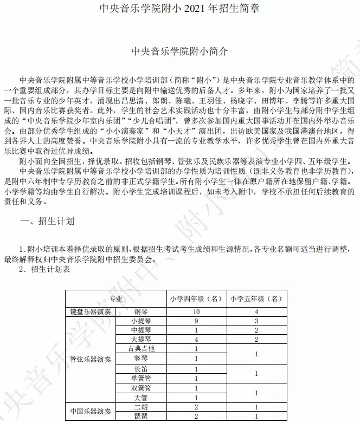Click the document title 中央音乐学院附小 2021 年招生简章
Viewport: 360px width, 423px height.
tap(180, 9)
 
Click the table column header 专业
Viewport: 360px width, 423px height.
tap(115, 298)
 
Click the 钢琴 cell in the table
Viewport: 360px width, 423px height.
tap(140, 312)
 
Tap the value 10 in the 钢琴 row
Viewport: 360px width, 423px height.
tap(196, 312)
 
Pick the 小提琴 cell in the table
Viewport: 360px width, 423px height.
tap(140, 320)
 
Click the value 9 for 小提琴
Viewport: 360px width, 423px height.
tap(196, 320)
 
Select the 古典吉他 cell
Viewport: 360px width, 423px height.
tap(140, 348)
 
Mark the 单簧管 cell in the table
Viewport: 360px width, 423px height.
tap(140, 378)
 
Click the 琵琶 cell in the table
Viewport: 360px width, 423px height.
tap(140, 416)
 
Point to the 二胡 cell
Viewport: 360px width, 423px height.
tap(140, 407)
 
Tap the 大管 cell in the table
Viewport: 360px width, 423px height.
tap(140, 398)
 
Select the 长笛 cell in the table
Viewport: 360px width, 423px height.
tap(140, 368)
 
